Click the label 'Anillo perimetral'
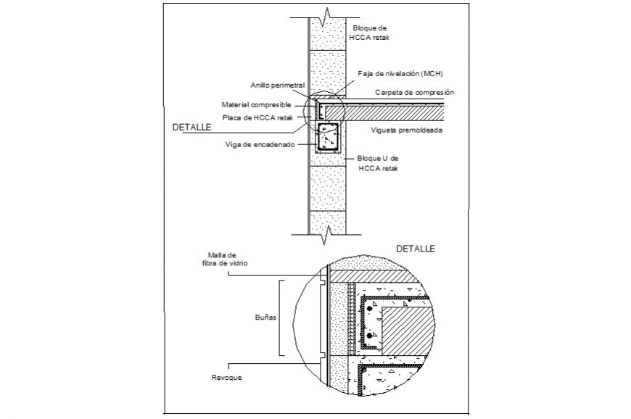pos(277,85)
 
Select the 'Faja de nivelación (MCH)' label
pos(400,74)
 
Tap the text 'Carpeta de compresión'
pos(414,93)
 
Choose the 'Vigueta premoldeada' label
pos(407,130)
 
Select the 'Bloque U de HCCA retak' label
pos(378,163)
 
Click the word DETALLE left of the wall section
pos(191,127)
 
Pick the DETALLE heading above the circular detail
pos(416,249)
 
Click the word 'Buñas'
pos(265,318)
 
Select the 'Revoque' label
pos(227,378)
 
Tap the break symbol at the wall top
pos(329,12)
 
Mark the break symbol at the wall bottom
pos(329,232)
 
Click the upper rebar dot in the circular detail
pos(369,310)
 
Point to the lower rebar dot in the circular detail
pos(369,337)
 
